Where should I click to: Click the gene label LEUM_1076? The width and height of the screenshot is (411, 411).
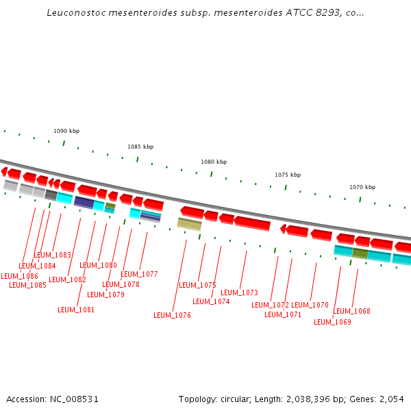(x=172, y=316)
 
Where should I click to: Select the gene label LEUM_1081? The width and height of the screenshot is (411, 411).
(x=76, y=310)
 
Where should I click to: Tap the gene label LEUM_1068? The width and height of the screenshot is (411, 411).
(x=351, y=312)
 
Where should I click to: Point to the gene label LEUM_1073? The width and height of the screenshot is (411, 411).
(x=239, y=293)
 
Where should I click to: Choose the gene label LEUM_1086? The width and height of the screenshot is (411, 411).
(x=19, y=277)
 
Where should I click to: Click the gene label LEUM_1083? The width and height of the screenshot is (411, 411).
(x=52, y=256)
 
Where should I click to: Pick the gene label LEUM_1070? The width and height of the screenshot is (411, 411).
(x=310, y=306)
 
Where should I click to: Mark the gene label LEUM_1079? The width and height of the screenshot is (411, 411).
(x=105, y=295)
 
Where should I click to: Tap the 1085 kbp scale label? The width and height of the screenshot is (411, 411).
(x=140, y=147)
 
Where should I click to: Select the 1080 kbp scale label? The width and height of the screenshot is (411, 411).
(x=213, y=162)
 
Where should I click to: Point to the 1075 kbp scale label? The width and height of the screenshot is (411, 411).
(x=287, y=175)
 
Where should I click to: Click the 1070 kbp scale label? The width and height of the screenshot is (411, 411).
(x=362, y=187)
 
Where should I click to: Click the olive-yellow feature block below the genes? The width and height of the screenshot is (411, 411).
(x=189, y=223)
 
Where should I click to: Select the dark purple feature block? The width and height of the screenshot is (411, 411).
(x=84, y=202)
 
